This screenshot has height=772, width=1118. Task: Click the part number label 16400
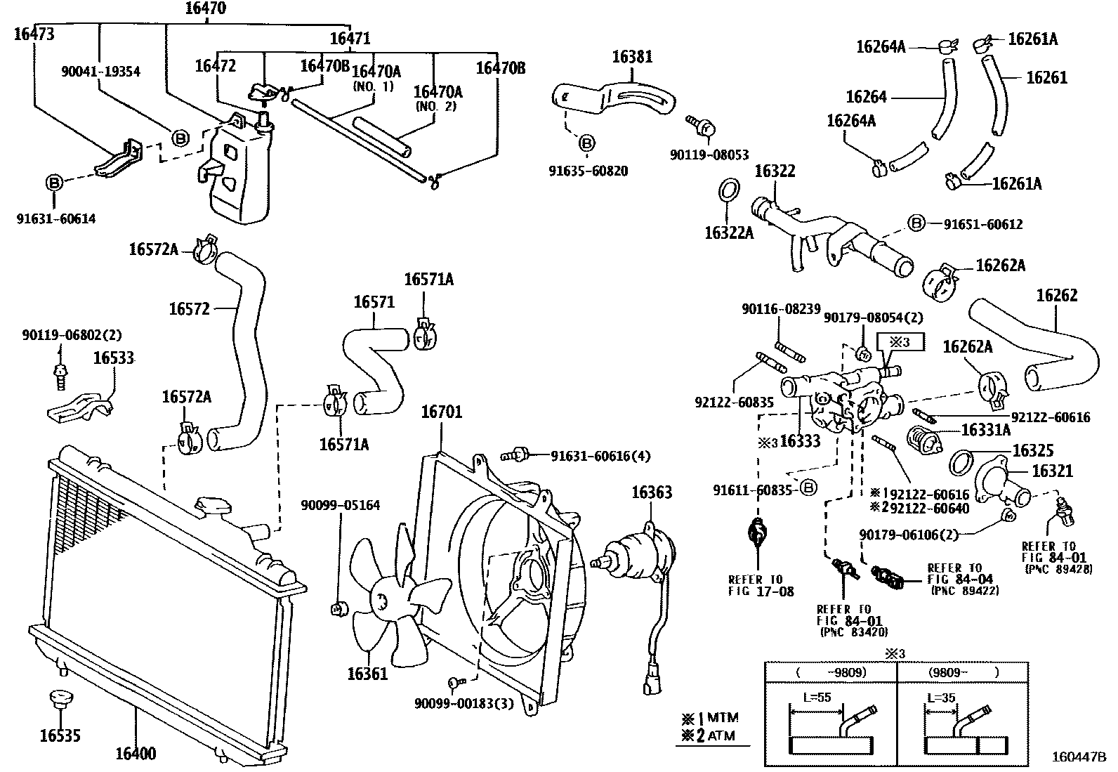(136, 754)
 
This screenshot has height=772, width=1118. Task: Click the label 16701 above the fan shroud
(441, 412)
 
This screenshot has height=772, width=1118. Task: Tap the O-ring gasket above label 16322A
(729, 190)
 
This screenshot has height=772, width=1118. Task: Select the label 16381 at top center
(632, 57)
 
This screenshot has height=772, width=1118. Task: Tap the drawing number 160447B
(1078, 757)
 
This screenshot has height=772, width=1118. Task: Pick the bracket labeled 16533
(81, 408)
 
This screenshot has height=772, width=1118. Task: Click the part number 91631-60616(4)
(600, 457)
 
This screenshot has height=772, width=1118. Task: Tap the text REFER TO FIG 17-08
(756, 585)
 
